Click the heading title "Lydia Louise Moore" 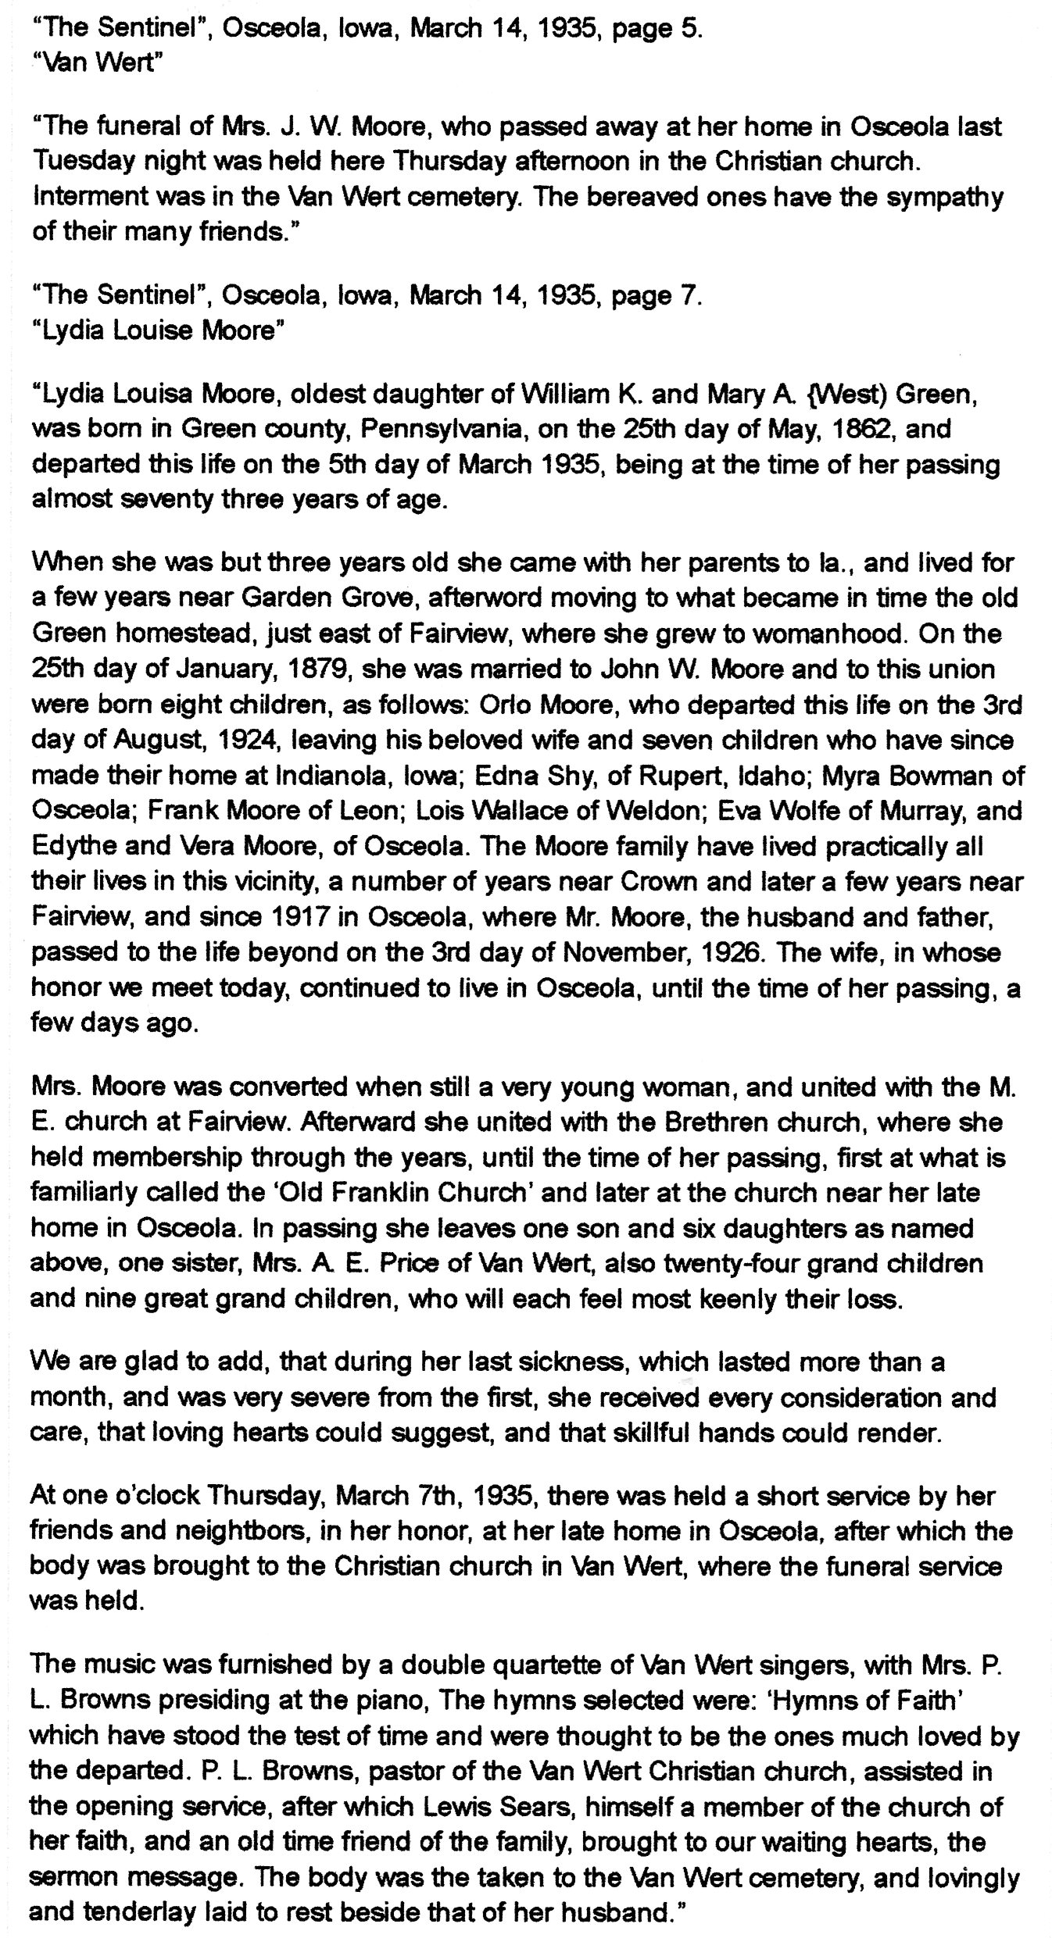tap(156, 331)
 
